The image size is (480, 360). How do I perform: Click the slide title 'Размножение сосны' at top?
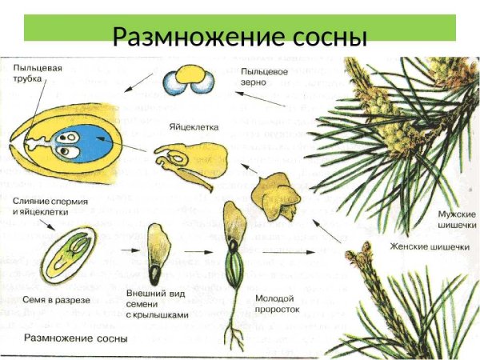(x=239, y=37)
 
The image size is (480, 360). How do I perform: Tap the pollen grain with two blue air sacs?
(x=189, y=78)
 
